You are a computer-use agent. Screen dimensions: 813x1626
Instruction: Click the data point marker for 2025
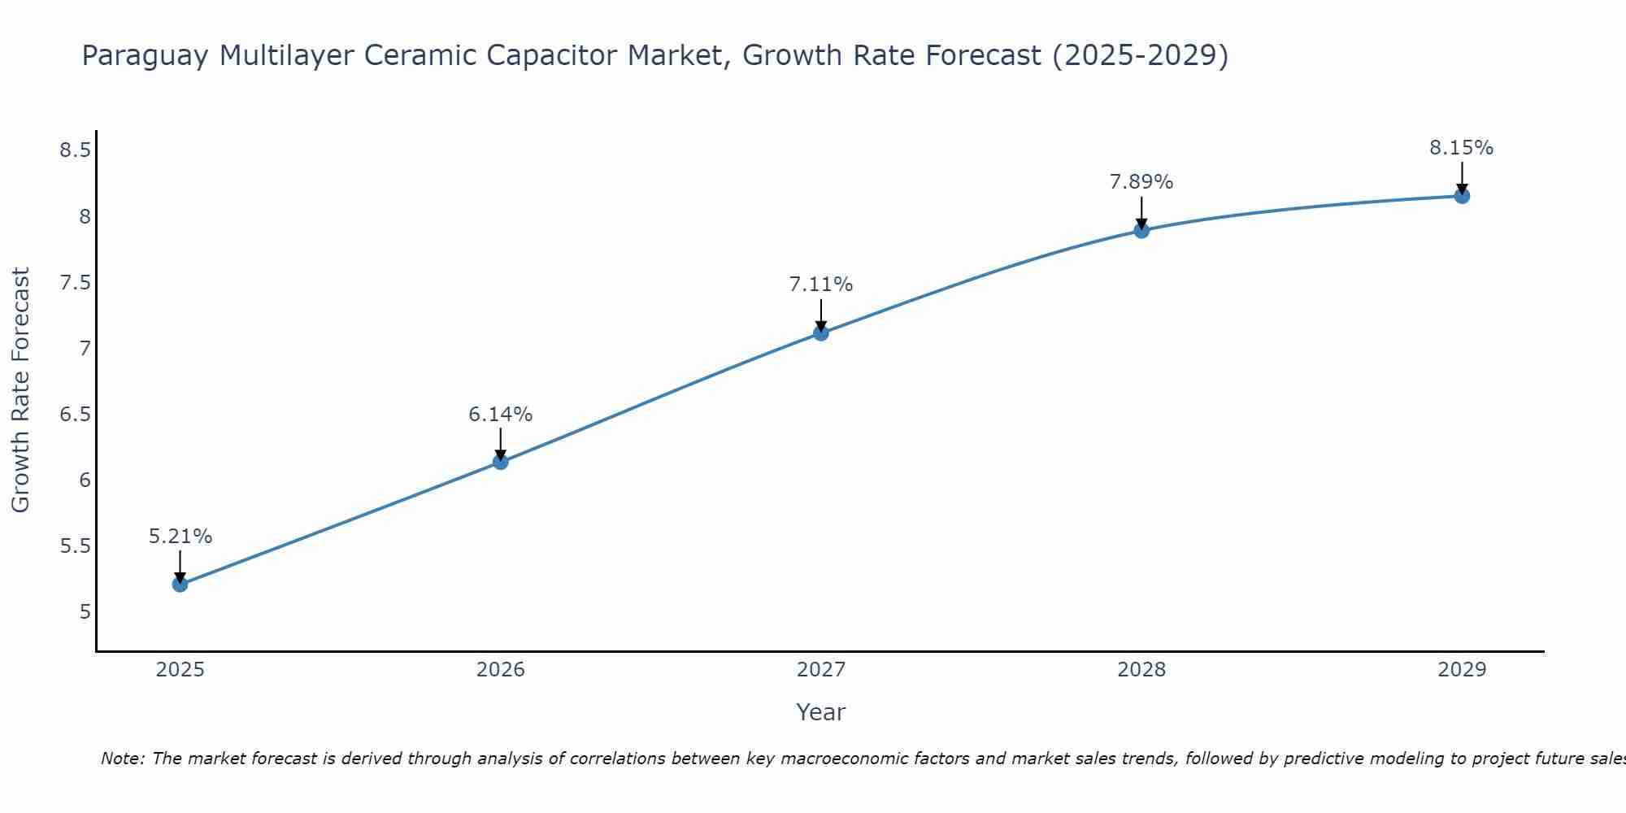(x=180, y=585)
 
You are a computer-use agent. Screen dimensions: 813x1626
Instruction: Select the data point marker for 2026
(x=501, y=462)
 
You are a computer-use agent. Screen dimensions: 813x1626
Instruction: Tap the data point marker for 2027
(x=821, y=333)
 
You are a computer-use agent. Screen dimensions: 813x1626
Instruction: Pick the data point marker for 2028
(x=1141, y=230)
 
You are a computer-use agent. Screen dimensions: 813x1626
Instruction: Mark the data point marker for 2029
(x=1462, y=196)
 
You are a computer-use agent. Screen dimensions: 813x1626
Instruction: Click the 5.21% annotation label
(x=180, y=537)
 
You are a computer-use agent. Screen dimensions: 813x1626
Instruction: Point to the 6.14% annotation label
(x=501, y=415)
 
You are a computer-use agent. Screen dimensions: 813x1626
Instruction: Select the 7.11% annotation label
(x=821, y=285)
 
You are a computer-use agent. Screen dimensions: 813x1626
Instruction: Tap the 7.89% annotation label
(x=1141, y=182)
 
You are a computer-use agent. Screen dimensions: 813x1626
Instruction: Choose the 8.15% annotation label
(x=1462, y=148)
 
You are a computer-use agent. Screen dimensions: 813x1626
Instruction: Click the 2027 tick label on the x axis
(x=821, y=670)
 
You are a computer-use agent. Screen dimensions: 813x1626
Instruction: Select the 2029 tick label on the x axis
(x=1462, y=670)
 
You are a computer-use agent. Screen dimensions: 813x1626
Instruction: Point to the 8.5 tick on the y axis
(x=75, y=150)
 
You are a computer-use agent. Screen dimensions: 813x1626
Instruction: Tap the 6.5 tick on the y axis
(x=75, y=415)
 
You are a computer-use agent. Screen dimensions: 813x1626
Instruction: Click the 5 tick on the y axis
(x=85, y=611)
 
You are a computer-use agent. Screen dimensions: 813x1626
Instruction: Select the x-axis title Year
(x=821, y=712)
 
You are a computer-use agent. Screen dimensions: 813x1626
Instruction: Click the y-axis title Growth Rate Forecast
(x=21, y=390)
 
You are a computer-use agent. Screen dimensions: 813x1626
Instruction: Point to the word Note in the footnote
(x=122, y=759)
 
